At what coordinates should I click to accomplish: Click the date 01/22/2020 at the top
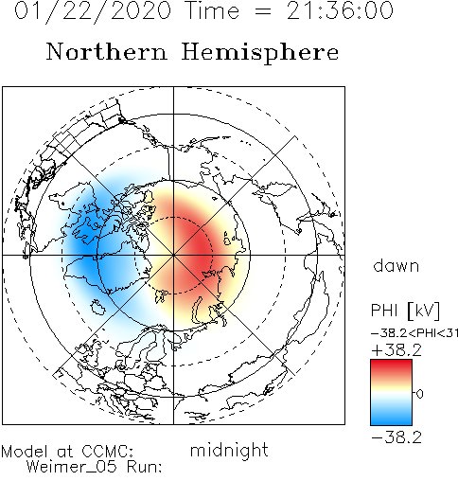tap(93, 11)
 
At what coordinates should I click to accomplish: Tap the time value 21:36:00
tap(340, 10)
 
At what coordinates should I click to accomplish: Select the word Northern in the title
tap(107, 51)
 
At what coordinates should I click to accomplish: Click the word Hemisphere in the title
tap(260, 53)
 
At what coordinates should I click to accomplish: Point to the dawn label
tap(396, 266)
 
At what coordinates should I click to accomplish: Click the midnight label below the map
tap(229, 450)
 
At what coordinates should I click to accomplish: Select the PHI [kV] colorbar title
tap(405, 311)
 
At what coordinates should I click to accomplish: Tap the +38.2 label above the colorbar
tap(396, 350)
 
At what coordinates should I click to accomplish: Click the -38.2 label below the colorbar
tap(396, 437)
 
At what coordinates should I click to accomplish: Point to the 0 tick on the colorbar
tap(419, 394)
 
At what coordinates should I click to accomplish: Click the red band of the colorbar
tap(391, 367)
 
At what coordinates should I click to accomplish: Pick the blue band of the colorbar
tap(391, 417)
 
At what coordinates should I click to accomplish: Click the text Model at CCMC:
tap(67, 452)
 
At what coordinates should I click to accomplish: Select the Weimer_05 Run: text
tap(94, 467)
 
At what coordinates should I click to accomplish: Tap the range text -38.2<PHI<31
tap(414, 333)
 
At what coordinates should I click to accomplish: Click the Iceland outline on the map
tap(97, 307)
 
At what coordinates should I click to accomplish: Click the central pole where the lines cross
tap(173, 255)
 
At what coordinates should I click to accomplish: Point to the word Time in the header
tap(213, 10)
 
